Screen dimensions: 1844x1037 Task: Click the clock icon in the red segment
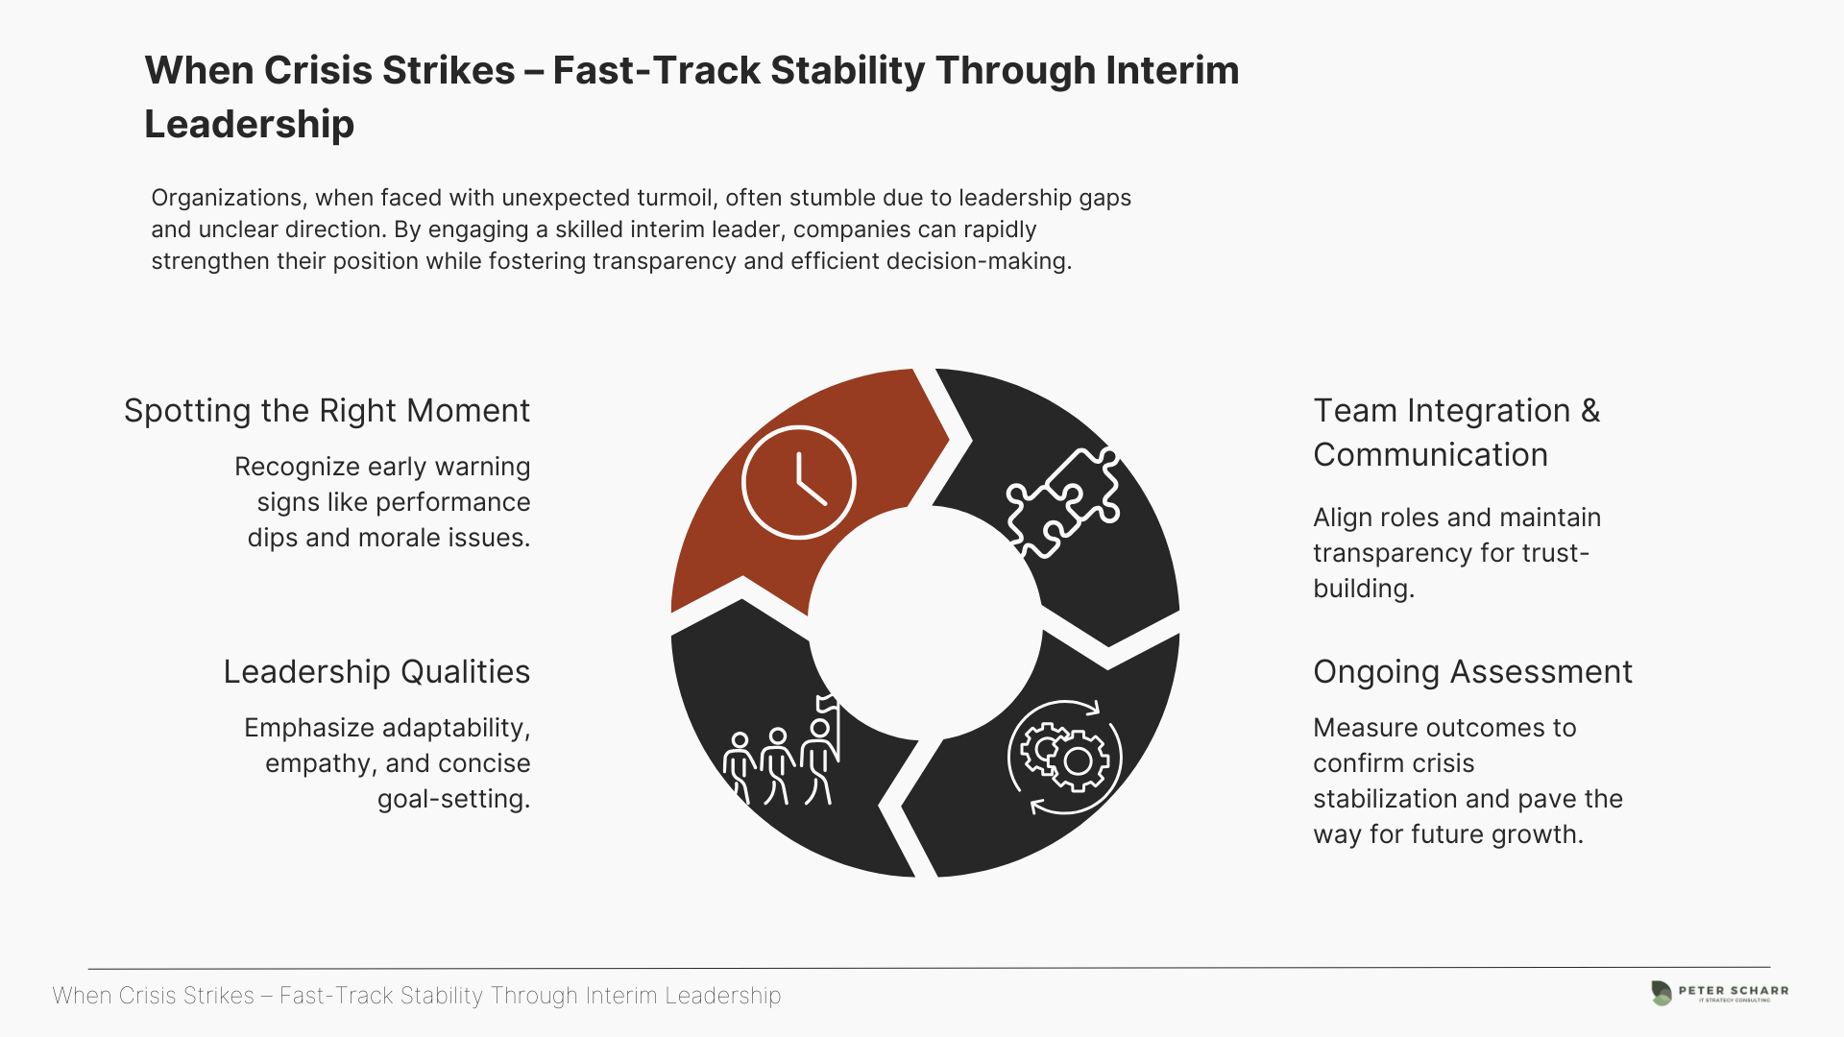pyautogui.click(x=798, y=482)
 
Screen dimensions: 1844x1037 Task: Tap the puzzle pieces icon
pyautogui.click(x=1063, y=502)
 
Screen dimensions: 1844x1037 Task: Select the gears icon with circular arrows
pyautogui.click(x=1065, y=758)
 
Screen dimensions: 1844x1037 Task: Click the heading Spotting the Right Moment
pyautogui.click(x=327, y=410)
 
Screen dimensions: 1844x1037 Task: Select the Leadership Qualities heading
pyautogui.click(x=376, y=671)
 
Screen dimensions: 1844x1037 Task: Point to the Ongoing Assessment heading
pyautogui.click(x=1472, y=671)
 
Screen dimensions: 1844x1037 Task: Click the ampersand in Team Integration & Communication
pyautogui.click(x=1590, y=410)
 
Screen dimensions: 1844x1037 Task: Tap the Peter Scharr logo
pyautogui.click(x=1719, y=993)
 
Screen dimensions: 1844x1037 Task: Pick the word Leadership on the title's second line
pyautogui.click(x=250, y=124)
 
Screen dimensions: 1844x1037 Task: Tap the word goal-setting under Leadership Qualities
pyautogui.click(x=453, y=799)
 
